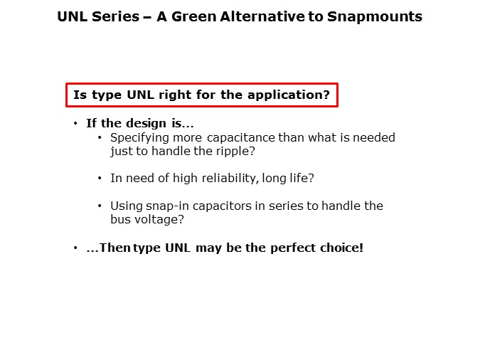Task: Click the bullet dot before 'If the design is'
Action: pos(76,123)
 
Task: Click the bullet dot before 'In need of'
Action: pos(100,179)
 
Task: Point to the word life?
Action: pos(302,179)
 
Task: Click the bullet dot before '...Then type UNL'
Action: pos(76,248)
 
